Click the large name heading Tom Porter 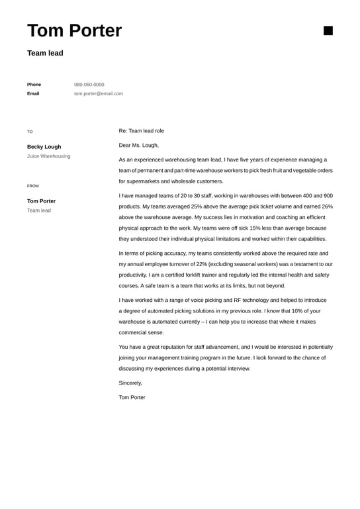[74, 30]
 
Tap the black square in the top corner [328, 30]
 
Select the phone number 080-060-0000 [89, 85]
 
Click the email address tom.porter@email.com [98, 94]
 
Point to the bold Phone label [34, 85]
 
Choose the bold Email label [33, 94]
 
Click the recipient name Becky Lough [44, 147]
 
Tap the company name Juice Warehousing [48, 156]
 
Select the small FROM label [33, 186]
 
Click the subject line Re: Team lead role [141, 131]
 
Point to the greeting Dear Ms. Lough [138, 145]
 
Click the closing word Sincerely [130, 383]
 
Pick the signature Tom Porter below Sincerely [132, 397]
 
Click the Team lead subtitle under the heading [45, 53]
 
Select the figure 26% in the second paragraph [327, 207]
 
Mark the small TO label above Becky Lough [30, 132]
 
